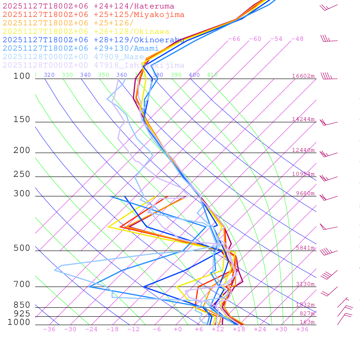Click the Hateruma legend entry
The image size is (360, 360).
pos(88,6)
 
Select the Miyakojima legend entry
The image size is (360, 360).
pos(93,15)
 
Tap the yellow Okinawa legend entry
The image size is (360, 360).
pos(86,32)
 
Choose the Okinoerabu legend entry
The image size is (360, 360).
pos(93,40)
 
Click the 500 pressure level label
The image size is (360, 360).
pos(22,248)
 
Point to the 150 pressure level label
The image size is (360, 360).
pos(22,120)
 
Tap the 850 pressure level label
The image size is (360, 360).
pos(22,305)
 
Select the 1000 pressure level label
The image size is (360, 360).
pos(19,322)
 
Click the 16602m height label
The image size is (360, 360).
pos(303,76)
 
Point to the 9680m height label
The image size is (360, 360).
pos(305,193)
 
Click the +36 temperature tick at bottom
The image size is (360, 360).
pos(302,329)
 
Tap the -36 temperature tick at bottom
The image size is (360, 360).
pos(49,329)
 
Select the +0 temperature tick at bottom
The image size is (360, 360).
pos(178,329)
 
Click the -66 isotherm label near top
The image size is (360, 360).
pos(234,39)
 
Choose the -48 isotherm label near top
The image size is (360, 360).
pos(297,39)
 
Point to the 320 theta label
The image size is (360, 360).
pos(49,75)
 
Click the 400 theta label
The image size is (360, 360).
pos(194,75)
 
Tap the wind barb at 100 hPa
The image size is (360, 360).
pos(328,76)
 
